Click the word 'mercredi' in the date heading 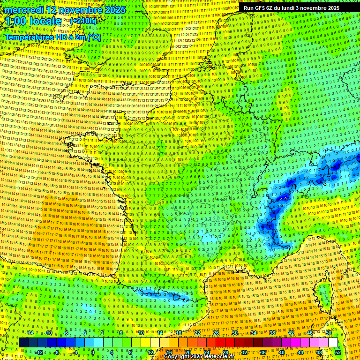[x=24, y=10]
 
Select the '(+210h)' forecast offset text [x=83, y=21]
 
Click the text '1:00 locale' [x=33, y=21]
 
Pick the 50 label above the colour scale [x=329, y=333]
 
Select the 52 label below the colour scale [x=338, y=352]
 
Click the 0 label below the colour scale [x=93, y=352]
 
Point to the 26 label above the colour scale [x=216, y=333]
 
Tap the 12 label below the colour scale [x=150, y=352]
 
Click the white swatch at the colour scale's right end [x=333, y=343]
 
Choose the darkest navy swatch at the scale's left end [x=23, y=343]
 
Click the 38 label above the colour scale [x=272, y=333]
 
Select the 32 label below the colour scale [x=244, y=352]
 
